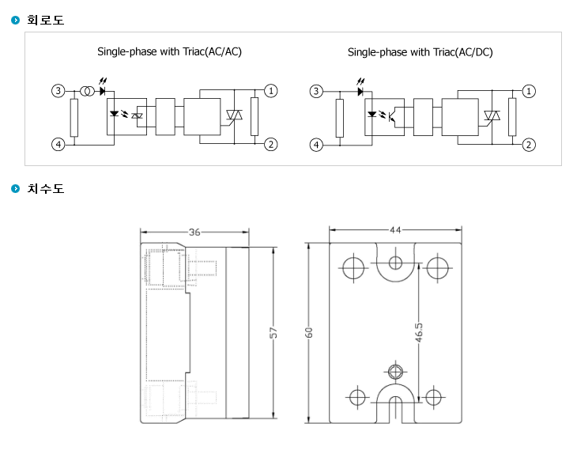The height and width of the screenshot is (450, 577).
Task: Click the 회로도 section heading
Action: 46,20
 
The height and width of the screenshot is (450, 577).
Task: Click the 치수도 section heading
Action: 46,188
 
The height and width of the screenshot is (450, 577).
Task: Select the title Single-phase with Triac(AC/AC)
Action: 169,51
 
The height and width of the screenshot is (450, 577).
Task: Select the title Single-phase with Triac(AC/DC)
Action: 420,52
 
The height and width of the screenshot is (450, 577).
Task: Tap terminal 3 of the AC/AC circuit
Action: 58,91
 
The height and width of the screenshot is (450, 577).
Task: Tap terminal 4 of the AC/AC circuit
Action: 58,145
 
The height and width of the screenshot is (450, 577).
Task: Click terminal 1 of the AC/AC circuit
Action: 271,91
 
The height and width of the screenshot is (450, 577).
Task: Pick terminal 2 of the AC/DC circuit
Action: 529,145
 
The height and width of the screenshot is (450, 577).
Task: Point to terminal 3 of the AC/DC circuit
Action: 316,91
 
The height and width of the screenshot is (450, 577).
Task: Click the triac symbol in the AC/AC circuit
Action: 234,115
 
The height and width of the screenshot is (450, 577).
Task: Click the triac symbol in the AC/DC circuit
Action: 492,115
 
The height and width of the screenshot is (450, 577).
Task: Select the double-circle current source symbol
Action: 87,91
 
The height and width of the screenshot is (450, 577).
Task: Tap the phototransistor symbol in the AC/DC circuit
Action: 391,115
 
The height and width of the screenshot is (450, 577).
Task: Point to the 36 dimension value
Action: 194,232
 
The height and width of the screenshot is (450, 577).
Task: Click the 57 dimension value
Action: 273,332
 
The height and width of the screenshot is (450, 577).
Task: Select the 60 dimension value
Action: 308,332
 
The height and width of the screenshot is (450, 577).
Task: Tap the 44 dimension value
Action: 395,230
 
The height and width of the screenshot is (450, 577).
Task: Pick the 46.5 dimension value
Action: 419,332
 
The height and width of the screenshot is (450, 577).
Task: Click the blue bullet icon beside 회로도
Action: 16,20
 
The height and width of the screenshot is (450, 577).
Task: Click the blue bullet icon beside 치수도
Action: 16,188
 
